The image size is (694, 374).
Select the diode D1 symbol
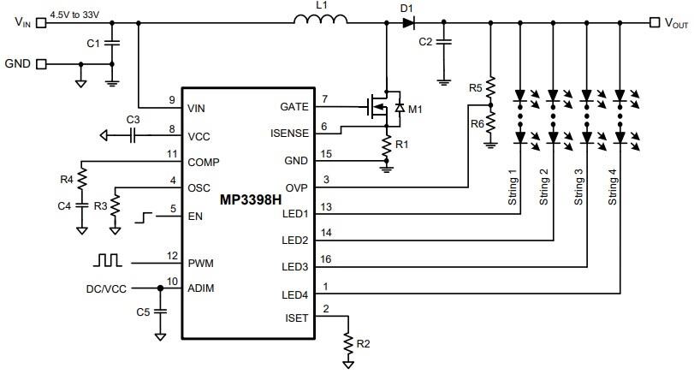point(407,23)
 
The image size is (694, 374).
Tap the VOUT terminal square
point(654,23)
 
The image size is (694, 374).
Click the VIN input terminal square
point(40,23)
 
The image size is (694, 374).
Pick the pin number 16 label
point(325,258)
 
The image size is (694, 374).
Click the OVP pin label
point(296,187)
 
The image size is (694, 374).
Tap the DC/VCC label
point(106,288)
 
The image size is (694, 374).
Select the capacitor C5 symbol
point(160,312)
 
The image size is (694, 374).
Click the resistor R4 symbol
point(81,180)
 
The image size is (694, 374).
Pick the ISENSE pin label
point(288,134)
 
